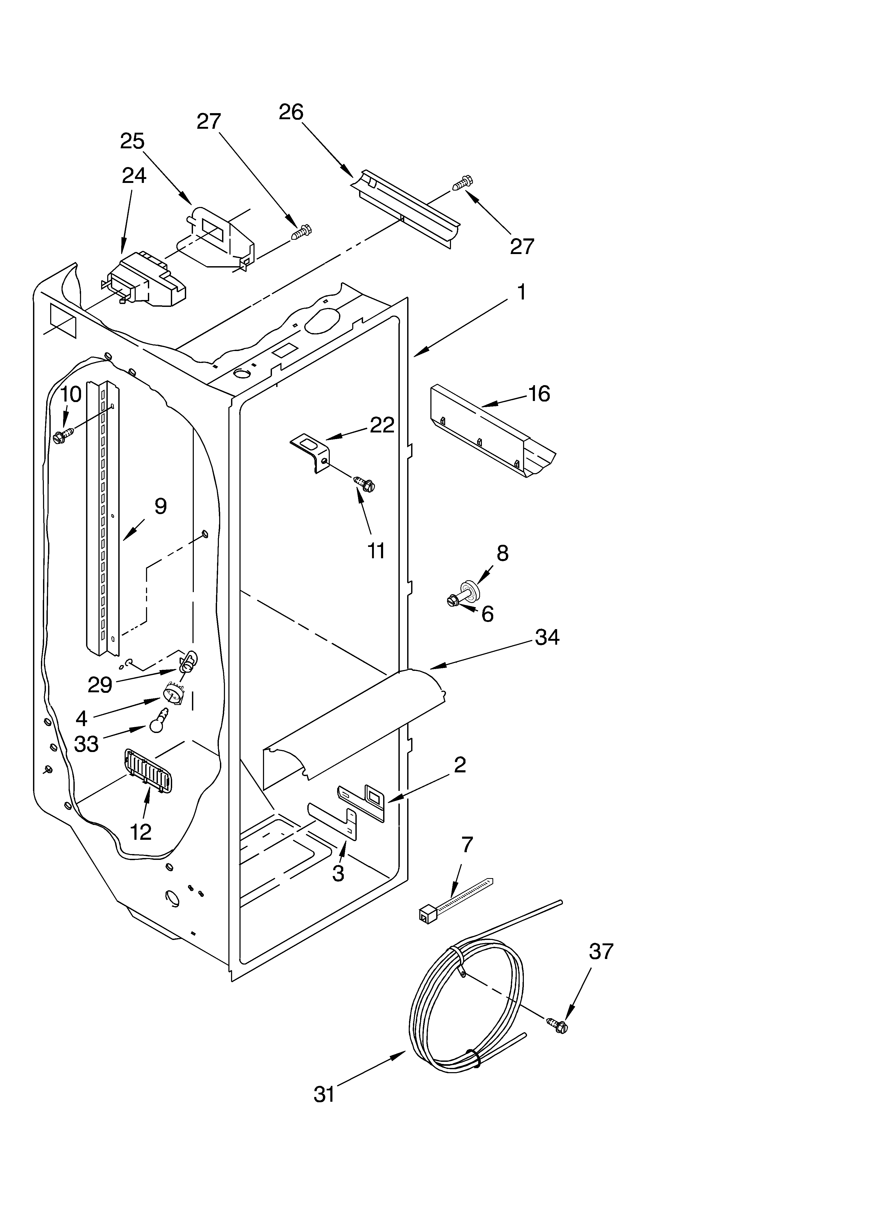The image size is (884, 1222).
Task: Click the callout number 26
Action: pyautogui.click(x=291, y=112)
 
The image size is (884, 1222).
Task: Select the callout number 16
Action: pyautogui.click(x=539, y=394)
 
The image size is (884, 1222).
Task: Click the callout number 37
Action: pyautogui.click(x=601, y=952)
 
